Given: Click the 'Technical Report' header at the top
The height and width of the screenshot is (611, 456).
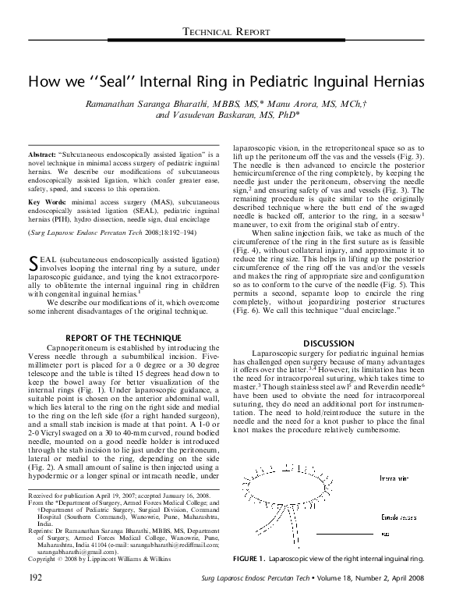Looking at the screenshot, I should (228, 30).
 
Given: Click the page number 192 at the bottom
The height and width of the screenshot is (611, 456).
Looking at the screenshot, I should (36, 599).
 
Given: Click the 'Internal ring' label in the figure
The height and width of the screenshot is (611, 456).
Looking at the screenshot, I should (394, 477).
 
